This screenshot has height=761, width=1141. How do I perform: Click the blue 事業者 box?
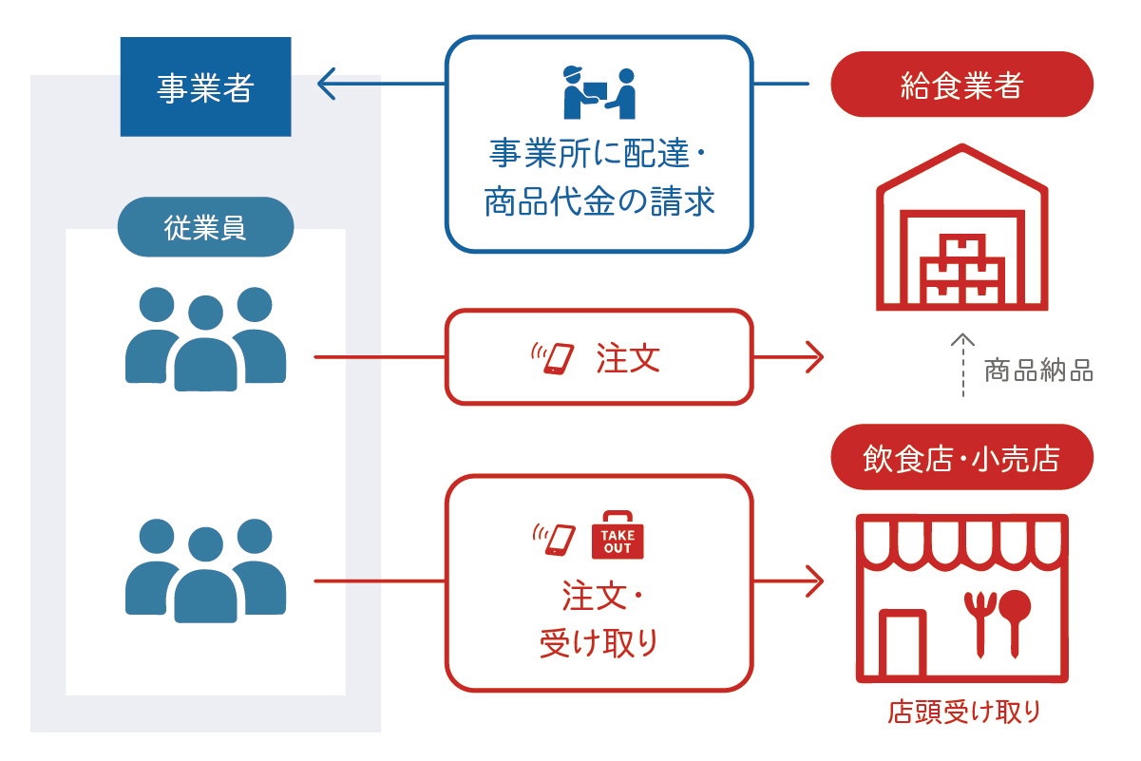(x=206, y=86)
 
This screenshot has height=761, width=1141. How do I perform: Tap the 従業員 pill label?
(x=206, y=227)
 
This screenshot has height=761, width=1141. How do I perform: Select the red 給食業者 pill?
(x=961, y=84)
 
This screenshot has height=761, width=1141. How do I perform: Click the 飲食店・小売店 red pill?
(x=961, y=457)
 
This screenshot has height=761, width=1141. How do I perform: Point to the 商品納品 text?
(x=1038, y=371)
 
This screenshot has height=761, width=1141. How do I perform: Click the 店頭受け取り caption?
(x=963, y=712)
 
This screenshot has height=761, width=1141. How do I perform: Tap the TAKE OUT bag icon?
(x=618, y=535)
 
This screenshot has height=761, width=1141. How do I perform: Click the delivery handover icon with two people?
(x=599, y=93)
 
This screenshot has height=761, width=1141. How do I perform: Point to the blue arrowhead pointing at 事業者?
(x=326, y=84)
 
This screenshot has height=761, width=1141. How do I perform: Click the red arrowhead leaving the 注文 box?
(x=815, y=357)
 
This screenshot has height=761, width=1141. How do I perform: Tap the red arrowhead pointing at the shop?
(x=815, y=580)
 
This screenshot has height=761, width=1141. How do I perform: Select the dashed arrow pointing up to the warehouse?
(x=962, y=365)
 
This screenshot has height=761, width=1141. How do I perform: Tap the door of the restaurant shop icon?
(x=903, y=643)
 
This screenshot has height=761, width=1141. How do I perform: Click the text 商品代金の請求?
(x=599, y=201)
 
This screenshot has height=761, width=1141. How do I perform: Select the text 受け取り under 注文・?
(x=599, y=643)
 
